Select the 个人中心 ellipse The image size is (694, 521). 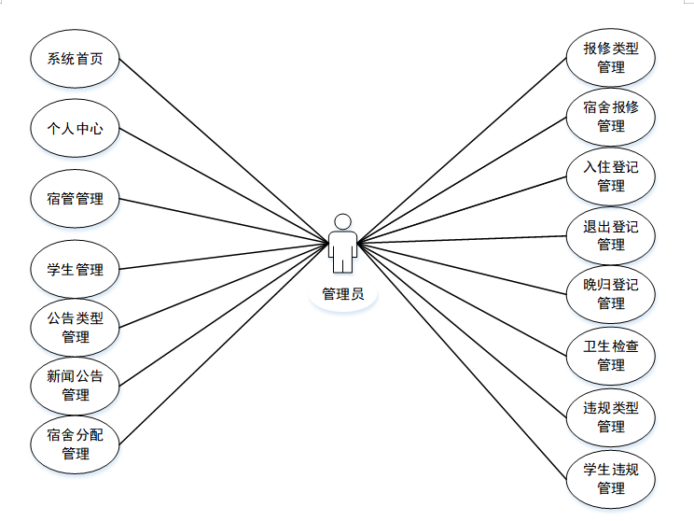pyautogui.click(x=75, y=129)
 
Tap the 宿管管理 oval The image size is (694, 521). pyautogui.click(x=75, y=199)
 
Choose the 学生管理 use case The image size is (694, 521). pyautogui.click(x=75, y=269)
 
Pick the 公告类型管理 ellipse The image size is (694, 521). pyautogui.click(x=75, y=327)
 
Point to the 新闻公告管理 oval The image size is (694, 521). pyautogui.click(x=75, y=385)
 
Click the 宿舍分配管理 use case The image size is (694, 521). pyautogui.click(x=75, y=444)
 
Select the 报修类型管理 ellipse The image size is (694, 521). pyautogui.click(x=611, y=58)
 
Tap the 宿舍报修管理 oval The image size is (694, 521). pyautogui.click(x=611, y=116)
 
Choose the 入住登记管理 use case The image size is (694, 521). pyautogui.click(x=611, y=176)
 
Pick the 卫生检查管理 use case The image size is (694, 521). pyautogui.click(x=611, y=355)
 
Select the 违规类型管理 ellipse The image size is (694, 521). pyautogui.click(x=611, y=416)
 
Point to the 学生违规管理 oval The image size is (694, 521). pyautogui.click(x=611, y=477)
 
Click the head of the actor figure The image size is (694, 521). pyautogui.click(x=342, y=221)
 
